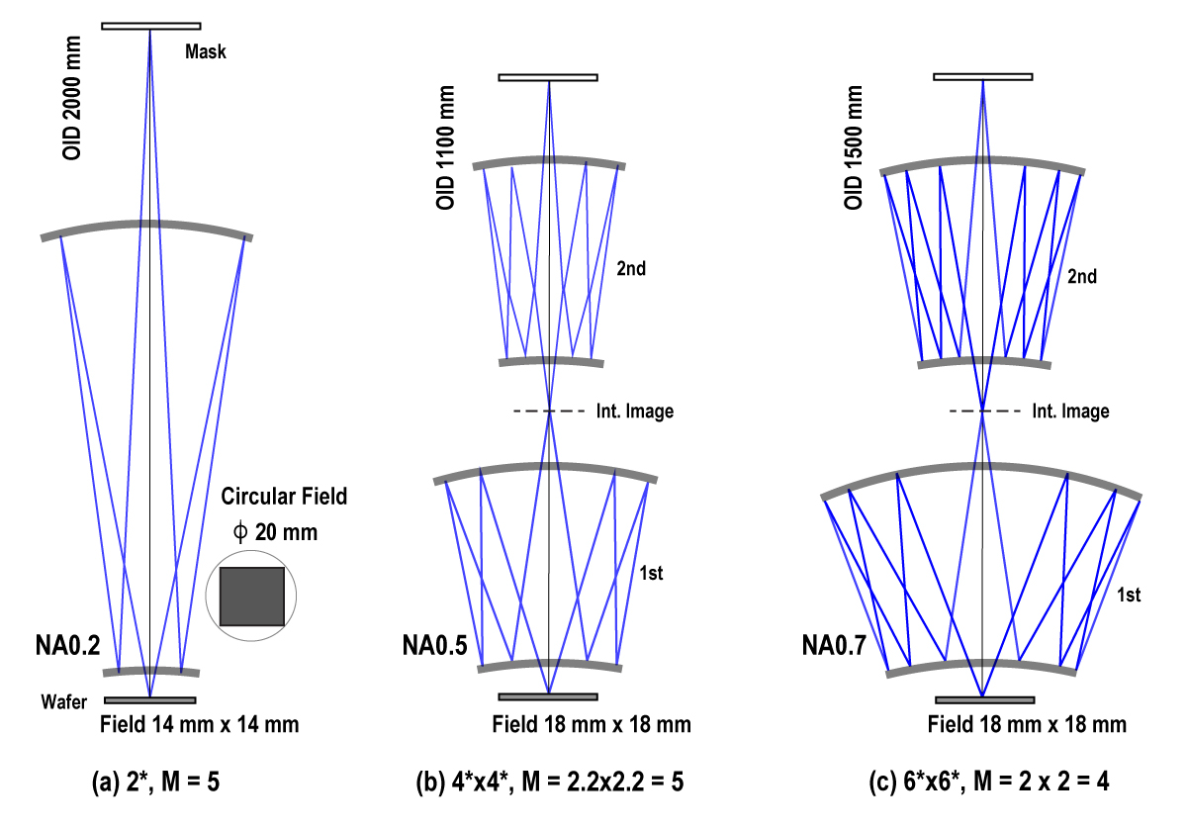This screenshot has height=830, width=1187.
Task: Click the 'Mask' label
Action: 206,51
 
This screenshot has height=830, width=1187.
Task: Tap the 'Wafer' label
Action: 63,701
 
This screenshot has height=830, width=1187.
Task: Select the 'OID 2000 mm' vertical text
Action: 72,98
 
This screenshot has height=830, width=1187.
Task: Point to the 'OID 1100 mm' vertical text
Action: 445,147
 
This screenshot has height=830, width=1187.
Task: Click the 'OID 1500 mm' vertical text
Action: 853,147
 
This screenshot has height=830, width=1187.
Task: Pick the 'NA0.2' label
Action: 67,646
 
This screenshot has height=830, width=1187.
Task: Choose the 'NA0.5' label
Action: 434,646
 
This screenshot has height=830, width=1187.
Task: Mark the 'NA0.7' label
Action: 834,646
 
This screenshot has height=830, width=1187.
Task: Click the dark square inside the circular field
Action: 251,597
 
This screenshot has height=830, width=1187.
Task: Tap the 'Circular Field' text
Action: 284,496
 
